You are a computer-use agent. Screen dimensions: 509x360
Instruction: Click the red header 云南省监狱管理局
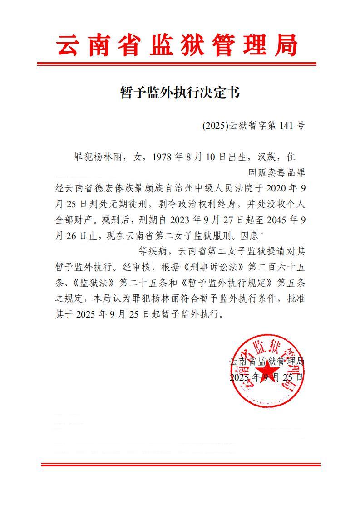click(177, 45)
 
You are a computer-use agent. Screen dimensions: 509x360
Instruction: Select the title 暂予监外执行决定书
click(179, 93)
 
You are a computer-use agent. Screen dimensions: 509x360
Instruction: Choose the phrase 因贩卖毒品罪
click(276, 173)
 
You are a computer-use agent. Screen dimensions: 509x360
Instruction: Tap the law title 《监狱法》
click(92, 283)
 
